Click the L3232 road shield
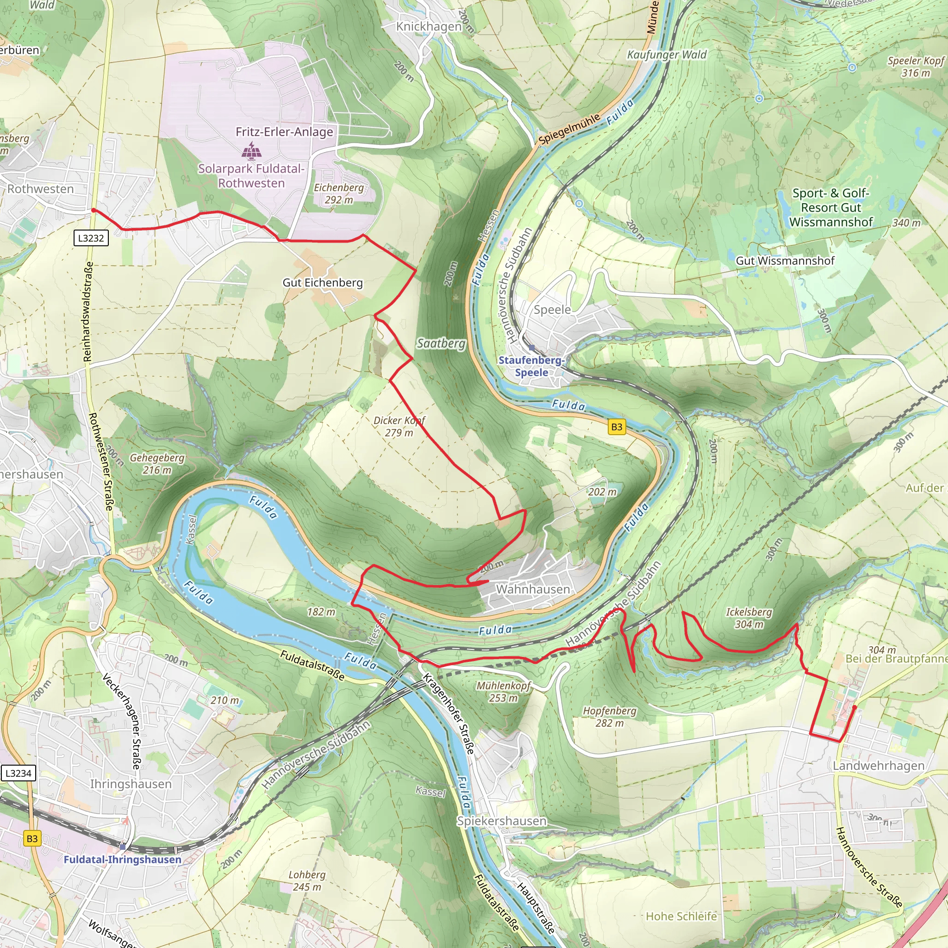tap(91, 238)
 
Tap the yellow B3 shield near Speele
tap(616, 426)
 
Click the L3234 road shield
tap(18, 773)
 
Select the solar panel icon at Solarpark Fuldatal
tap(251, 150)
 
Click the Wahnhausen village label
tap(533, 589)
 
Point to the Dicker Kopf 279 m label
tap(399, 426)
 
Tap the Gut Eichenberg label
tap(322, 283)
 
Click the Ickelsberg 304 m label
tap(749, 618)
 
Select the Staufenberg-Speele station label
tap(531, 366)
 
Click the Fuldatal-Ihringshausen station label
tap(123, 860)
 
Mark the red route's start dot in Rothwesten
tap(93, 210)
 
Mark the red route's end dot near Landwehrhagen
tap(854, 708)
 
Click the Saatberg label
tap(441, 343)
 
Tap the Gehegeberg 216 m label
tap(157, 464)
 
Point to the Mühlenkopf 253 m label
tap(504, 692)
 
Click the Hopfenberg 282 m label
tap(610, 717)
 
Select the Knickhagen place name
tap(429, 26)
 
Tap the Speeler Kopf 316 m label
tap(916, 67)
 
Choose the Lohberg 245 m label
tap(307, 881)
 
